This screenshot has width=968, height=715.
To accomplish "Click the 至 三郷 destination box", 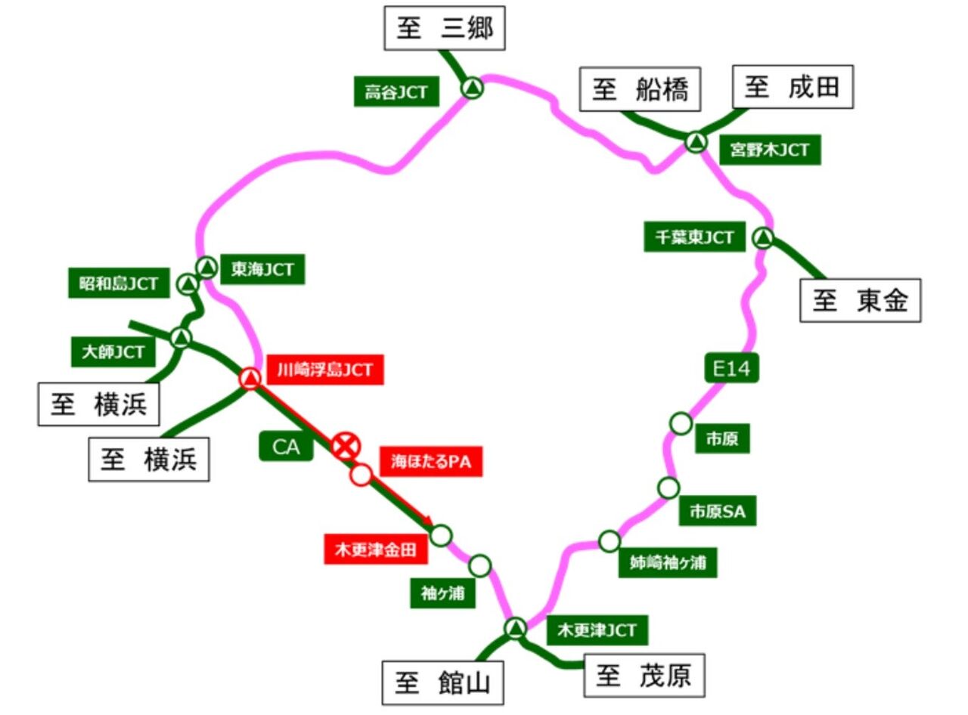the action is point(444,29).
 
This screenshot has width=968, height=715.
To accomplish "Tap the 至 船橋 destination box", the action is point(640,90).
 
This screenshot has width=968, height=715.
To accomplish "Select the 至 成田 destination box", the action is point(793,87).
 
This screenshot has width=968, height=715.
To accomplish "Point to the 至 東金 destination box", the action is point(860,301).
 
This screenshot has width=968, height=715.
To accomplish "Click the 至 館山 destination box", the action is point(442,683).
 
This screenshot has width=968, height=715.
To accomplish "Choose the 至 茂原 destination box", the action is point(644,675).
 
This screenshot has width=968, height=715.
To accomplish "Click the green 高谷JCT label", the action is point(396,92).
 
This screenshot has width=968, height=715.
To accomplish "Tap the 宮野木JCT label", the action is point(769,150).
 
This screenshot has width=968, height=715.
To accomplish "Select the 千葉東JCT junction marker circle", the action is point(763,239).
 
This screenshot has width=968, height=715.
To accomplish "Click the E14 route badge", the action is point(731,368).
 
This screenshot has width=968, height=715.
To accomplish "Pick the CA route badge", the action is point(287,447).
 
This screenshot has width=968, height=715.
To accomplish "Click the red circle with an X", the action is point(346,446).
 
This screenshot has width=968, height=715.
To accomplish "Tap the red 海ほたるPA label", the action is point(431,461).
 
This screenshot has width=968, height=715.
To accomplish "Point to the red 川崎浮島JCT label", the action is point(324,370).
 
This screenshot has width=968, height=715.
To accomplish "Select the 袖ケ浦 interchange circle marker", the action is point(480,565).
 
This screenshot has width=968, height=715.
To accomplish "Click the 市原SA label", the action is point(717,512).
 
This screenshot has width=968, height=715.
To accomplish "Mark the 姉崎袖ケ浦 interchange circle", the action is point(610,541).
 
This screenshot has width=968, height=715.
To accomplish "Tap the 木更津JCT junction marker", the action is point(516,627).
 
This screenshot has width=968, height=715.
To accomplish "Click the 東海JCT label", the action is point(262,270).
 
